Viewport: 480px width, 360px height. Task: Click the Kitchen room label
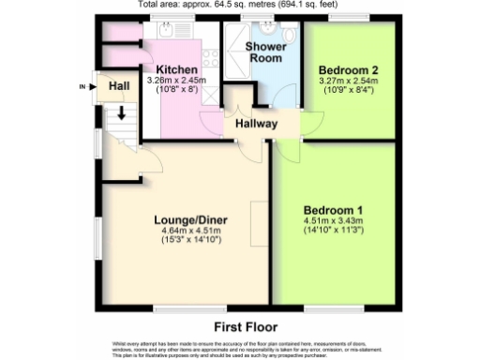(x=176, y=70)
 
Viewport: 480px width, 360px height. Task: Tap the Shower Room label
(x=265, y=52)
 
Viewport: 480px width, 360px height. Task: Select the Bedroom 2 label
(x=347, y=70)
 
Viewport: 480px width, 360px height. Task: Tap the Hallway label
(x=256, y=123)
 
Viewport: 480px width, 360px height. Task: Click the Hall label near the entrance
(x=118, y=86)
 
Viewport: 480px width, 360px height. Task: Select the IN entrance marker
(x=82, y=87)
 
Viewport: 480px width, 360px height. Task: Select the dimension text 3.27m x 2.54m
(x=347, y=82)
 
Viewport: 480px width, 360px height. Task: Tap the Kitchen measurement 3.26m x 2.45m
(x=176, y=82)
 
